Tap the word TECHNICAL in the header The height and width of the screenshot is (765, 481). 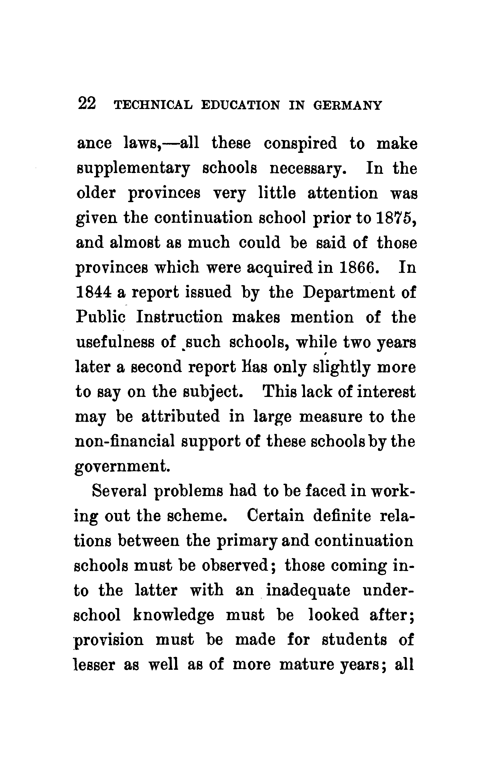(x=153, y=105)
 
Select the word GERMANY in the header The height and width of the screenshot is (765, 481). (x=347, y=105)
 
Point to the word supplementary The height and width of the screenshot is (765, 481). (x=133, y=169)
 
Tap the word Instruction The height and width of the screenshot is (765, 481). (x=179, y=317)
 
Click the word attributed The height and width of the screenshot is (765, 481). (x=180, y=417)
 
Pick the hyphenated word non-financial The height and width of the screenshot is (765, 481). (x=125, y=441)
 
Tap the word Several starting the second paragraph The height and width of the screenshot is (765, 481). (x=119, y=491)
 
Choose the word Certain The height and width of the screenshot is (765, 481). (x=275, y=516)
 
